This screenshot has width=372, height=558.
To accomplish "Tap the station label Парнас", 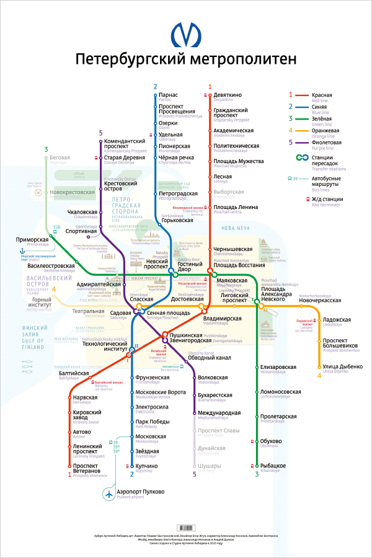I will click(x=169, y=94).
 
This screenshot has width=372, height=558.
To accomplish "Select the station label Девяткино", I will click(x=228, y=94).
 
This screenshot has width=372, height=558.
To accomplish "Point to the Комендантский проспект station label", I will click(x=125, y=144).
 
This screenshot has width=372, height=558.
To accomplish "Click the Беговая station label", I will click(x=60, y=157).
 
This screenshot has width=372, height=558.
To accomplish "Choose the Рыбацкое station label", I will click(x=273, y=465).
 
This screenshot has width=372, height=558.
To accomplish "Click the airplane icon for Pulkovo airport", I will click(x=110, y=494).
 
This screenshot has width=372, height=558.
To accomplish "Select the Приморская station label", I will click(x=32, y=239).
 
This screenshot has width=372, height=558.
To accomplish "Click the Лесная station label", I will click(x=223, y=177).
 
